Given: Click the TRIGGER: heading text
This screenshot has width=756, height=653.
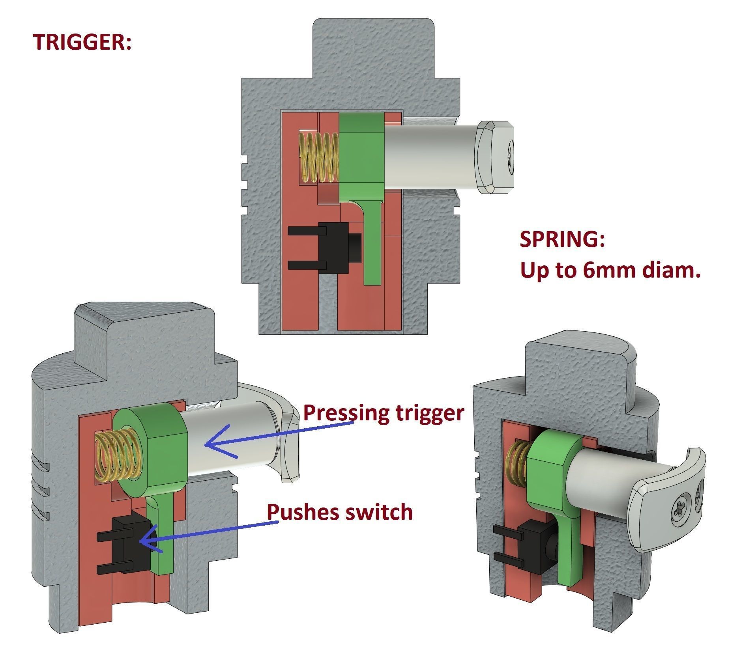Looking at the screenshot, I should point(82,42).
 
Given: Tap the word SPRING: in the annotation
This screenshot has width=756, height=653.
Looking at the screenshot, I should point(562,240).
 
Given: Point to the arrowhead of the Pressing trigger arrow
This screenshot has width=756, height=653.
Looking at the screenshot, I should point(209,444).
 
